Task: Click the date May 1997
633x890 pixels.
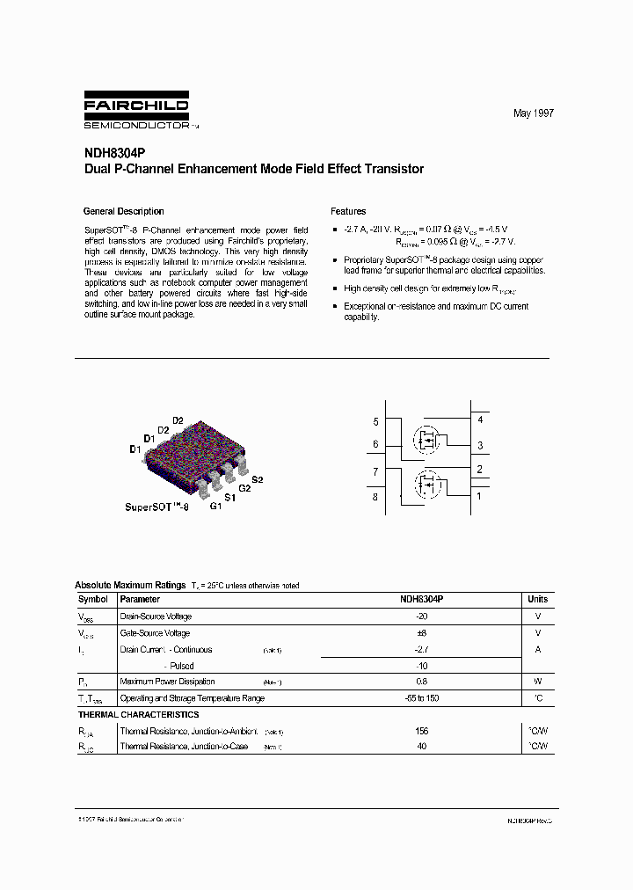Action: pyautogui.click(x=534, y=114)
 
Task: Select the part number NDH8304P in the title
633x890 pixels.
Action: pyautogui.click(x=110, y=153)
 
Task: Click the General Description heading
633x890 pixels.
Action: pyautogui.click(x=123, y=211)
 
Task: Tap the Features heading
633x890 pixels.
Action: pyautogui.click(x=348, y=211)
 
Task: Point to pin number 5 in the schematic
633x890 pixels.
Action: pyautogui.click(x=375, y=422)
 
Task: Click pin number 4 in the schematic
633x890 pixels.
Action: pyautogui.click(x=480, y=420)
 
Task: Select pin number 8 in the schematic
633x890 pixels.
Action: pyautogui.click(x=375, y=497)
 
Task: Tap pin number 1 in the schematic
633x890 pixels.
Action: pyautogui.click(x=480, y=496)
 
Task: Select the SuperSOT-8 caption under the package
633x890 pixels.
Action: pyautogui.click(x=156, y=507)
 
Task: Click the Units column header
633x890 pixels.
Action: pyautogui.click(x=537, y=599)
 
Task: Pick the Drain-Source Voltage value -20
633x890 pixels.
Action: pyautogui.click(x=421, y=616)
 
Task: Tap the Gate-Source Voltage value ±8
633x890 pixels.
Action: pyautogui.click(x=421, y=633)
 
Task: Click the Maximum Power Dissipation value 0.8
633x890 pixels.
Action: pyautogui.click(x=421, y=682)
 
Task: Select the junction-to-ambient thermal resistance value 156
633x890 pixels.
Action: pyautogui.click(x=421, y=731)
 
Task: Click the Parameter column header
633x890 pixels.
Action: pyautogui.click(x=140, y=599)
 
